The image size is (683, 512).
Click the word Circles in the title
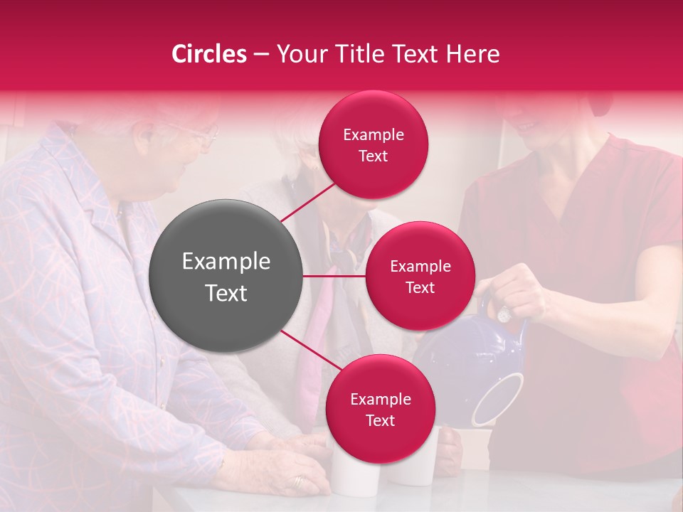coord(208,54)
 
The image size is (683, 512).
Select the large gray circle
coord(226,276)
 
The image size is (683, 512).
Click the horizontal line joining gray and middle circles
coord(334,276)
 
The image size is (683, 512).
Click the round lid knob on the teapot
coord(504,313)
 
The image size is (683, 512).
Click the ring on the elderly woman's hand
coord(298,482)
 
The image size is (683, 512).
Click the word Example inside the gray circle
coord(226,262)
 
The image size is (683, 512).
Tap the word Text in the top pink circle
coord(373,156)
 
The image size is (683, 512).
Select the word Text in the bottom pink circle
coord(380,421)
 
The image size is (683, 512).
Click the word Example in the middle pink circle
coord(420,267)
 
